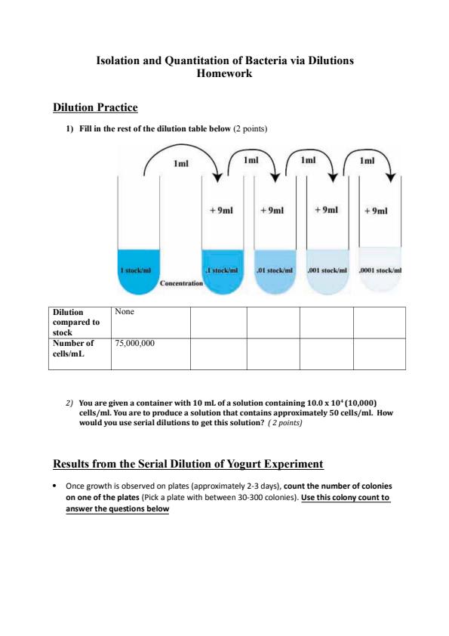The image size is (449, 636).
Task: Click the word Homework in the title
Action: (224, 74)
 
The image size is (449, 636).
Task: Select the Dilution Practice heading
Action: (94, 109)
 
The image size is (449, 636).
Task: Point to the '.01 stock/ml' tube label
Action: (275, 270)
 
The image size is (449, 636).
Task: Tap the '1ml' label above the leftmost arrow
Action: (181, 162)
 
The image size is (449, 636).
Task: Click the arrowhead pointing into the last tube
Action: (391, 179)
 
